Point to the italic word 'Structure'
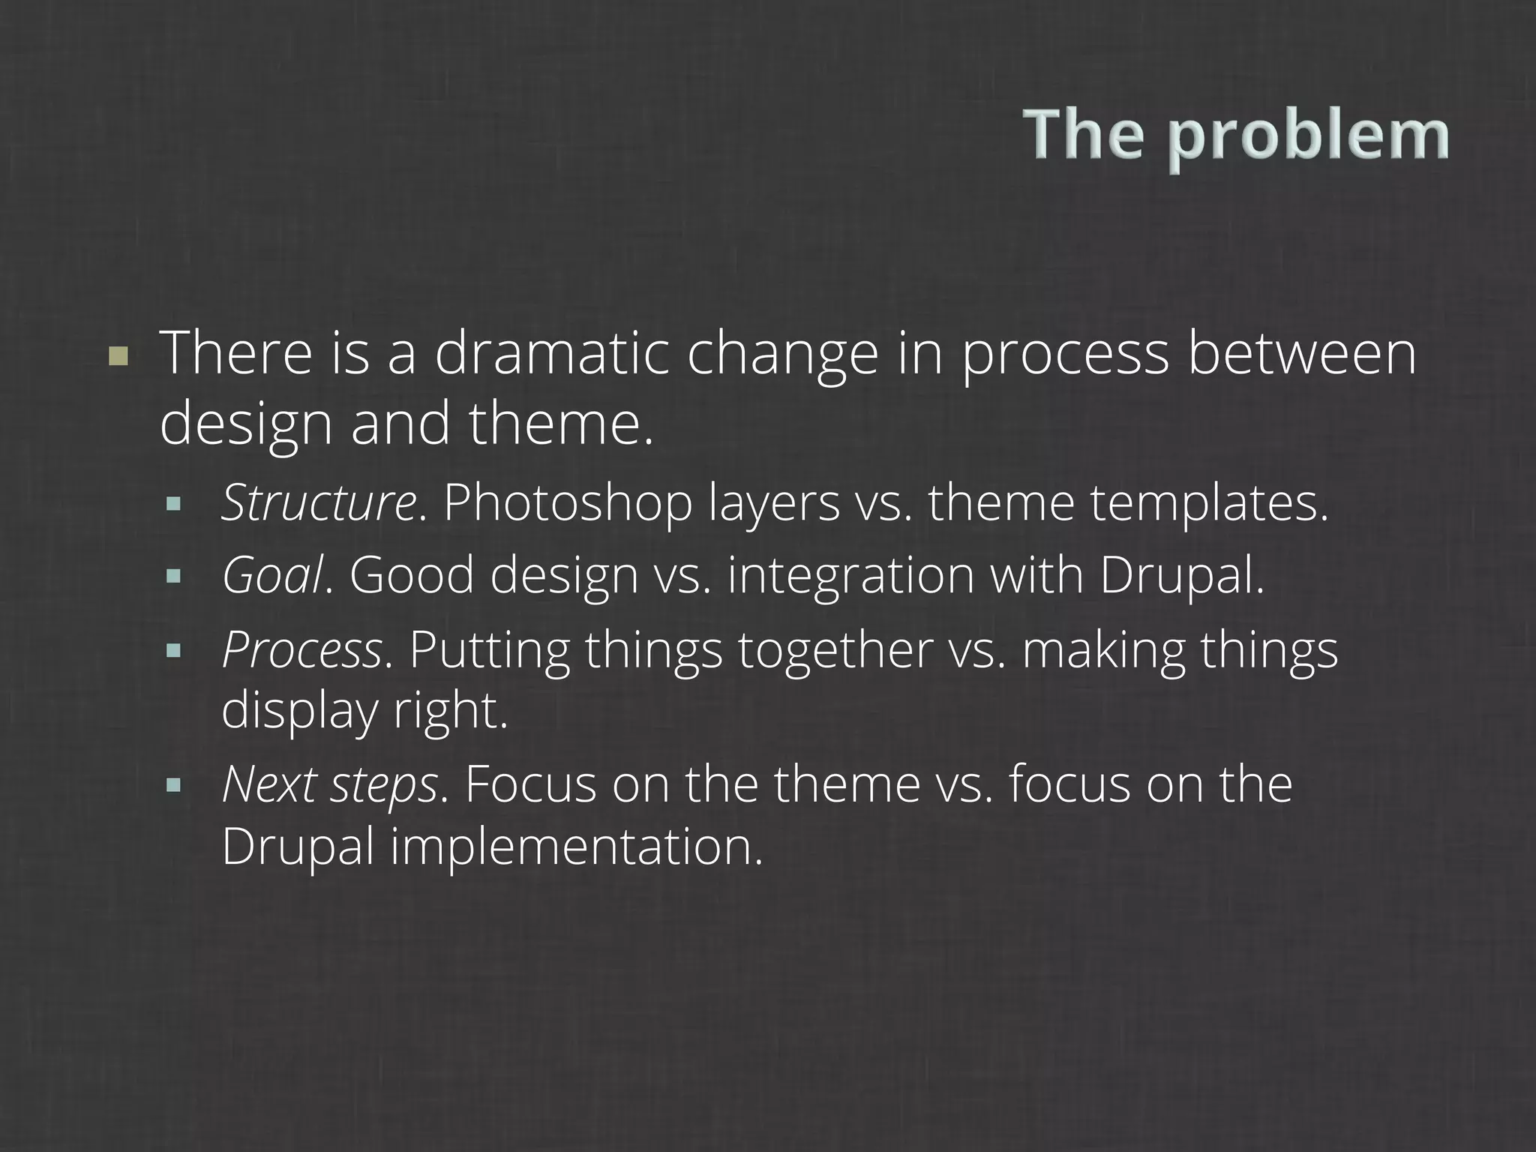318,502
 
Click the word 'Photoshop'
568,504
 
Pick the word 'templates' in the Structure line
1208,504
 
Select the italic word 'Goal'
273,575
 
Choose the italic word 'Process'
302,649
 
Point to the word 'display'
298,710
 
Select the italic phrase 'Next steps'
329,784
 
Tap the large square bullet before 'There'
118,355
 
